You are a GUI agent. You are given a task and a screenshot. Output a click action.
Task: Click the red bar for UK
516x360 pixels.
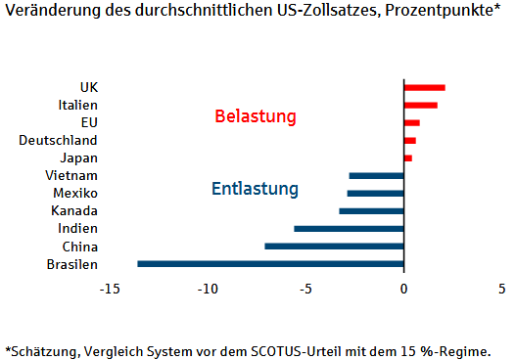[x=424, y=88]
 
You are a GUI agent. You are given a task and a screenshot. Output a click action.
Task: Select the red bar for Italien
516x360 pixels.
[x=420, y=106]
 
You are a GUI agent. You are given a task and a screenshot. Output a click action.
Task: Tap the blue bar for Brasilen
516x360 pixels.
[x=270, y=263]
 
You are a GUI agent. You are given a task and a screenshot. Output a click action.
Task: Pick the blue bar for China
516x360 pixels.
[x=334, y=246]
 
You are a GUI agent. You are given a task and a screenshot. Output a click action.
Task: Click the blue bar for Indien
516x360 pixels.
[x=349, y=228]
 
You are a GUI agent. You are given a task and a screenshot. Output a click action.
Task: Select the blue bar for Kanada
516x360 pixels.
[x=371, y=210]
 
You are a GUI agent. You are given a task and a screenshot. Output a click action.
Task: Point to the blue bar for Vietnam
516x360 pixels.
[x=376, y=175]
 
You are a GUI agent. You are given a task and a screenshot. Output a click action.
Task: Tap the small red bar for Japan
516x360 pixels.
[x=407, y=157]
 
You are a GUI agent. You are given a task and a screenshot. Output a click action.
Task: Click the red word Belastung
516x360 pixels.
[x=255, y=117]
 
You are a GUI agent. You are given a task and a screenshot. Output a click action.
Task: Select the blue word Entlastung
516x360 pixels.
[x=255, y=188]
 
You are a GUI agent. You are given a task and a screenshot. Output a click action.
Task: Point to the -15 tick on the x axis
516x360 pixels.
[x=109, y=289]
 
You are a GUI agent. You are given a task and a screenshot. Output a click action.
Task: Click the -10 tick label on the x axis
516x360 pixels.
[x=207, y=289]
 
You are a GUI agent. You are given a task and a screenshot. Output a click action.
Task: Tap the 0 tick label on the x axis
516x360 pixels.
[x=403, y=289]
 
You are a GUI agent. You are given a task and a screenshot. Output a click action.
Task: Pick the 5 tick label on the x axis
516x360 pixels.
[x=501, y=289]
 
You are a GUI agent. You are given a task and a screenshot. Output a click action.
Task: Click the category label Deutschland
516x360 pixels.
[x=58, y=140]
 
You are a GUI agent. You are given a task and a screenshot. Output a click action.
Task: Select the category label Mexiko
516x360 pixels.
[x=75, y=193]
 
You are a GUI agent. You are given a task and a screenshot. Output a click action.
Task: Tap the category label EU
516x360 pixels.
[x=89, y=122]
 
